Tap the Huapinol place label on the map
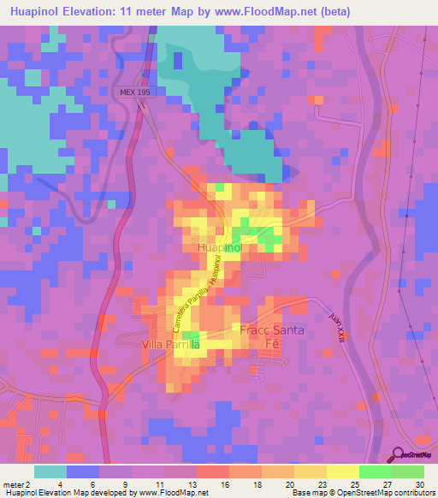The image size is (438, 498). pos(220,246)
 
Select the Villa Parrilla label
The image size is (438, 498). pos(170,344)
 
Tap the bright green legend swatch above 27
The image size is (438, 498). pos(376,471)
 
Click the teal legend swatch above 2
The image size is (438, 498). pos(50,471)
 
